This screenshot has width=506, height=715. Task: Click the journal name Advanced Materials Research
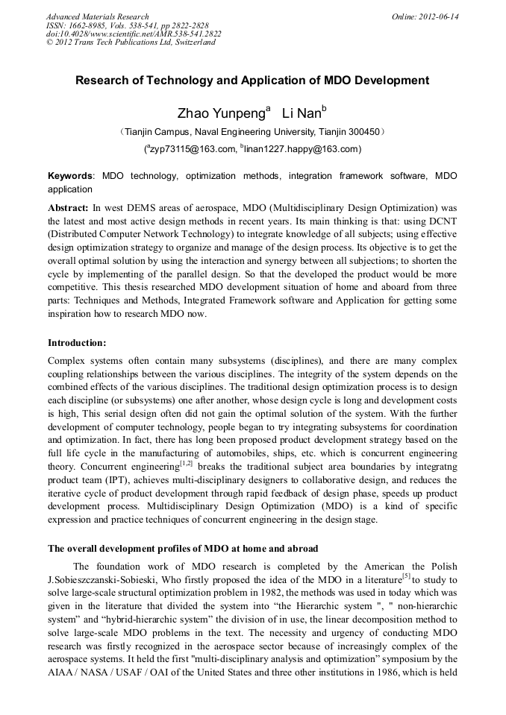[97, 16]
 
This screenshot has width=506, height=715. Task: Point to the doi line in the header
[134, 34]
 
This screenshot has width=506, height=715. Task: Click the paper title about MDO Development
[252, 81]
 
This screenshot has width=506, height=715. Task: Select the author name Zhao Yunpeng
[220, 114]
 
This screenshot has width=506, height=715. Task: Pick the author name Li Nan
[301, 114]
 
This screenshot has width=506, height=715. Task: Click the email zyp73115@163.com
[193, 149]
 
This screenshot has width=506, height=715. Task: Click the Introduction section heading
[77, 343]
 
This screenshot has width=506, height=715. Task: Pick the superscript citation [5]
[406, 575]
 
